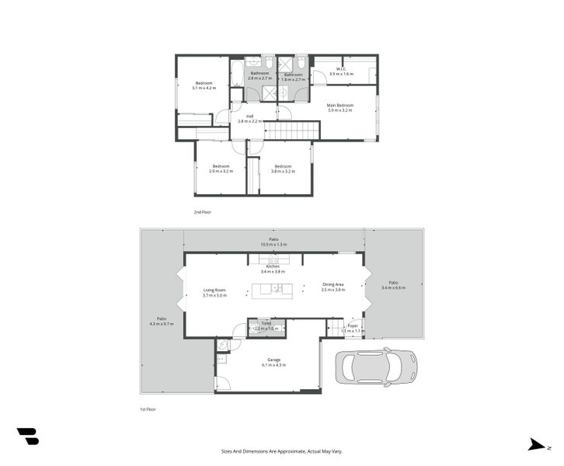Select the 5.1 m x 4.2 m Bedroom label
click(205, 86)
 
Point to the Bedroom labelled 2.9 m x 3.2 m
click(221, 169)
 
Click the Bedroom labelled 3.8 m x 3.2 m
click(283, 169)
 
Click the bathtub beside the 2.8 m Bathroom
click(236, 83)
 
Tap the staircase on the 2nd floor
click(293, 130)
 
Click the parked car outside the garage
click(376, 366)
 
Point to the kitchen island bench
click(272, 290)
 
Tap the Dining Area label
click(333, 287)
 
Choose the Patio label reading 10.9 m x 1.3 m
click(273, 242)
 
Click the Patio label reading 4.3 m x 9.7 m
click(162, 321)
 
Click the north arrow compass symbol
click(536, 445)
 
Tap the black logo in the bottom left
click(27, 436)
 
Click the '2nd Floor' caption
click(202, 211)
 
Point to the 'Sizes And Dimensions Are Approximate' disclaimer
click(281, 450)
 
